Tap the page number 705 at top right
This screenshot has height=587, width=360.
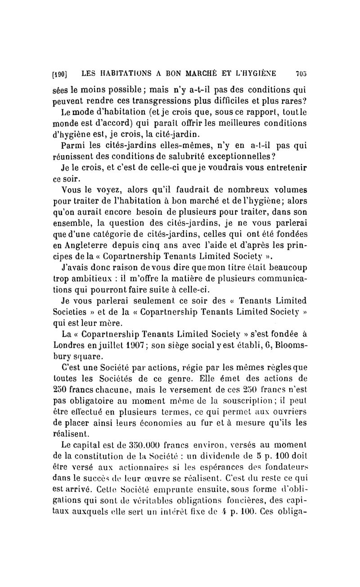(x=301, y=73)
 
